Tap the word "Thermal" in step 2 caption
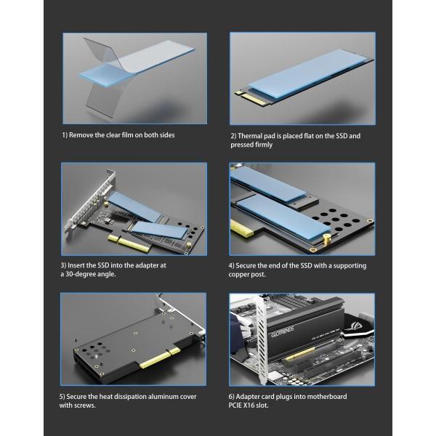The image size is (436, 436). point(249,136)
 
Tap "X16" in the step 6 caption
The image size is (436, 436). point(249,405)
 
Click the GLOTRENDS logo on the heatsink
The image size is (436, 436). point(283,331)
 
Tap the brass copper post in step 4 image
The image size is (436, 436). point(326,239)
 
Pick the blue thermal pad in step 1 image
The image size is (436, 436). point(137,62)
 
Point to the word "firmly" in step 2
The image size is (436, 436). point(263,145)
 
